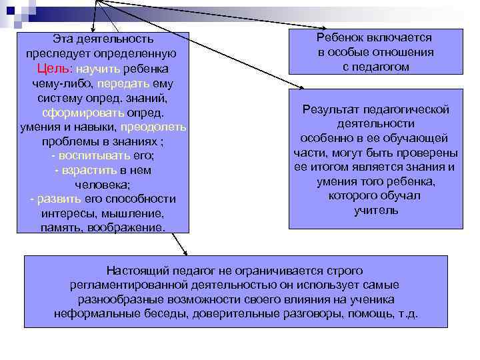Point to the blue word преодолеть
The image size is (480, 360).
tap(159, 127)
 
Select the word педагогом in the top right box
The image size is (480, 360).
tap(377, 67)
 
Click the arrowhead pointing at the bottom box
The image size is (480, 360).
tap(185, 253)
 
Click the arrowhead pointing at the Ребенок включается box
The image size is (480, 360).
tap(285, 27)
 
